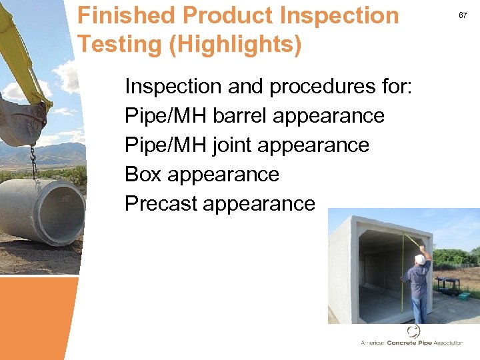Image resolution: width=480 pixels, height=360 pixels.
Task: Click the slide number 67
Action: pos(463,14)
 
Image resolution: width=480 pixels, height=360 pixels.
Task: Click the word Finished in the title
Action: pos(126,15)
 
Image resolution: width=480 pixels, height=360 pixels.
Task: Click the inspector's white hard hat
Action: pos(419,259)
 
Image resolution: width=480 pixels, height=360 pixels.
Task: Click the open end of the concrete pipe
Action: pos(61,213)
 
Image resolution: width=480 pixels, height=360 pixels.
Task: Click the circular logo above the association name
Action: pos(413,331)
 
